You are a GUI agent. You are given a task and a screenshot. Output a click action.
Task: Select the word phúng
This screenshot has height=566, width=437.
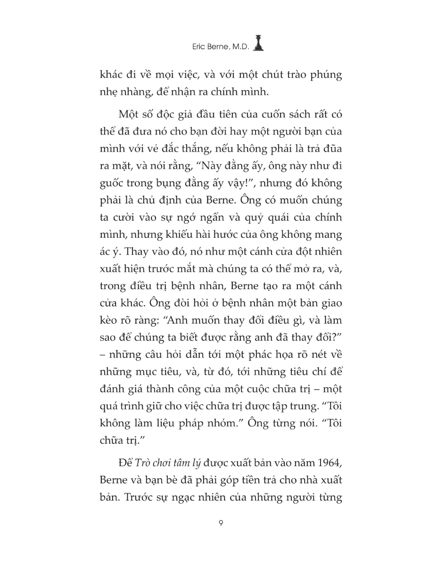point(326,75)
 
